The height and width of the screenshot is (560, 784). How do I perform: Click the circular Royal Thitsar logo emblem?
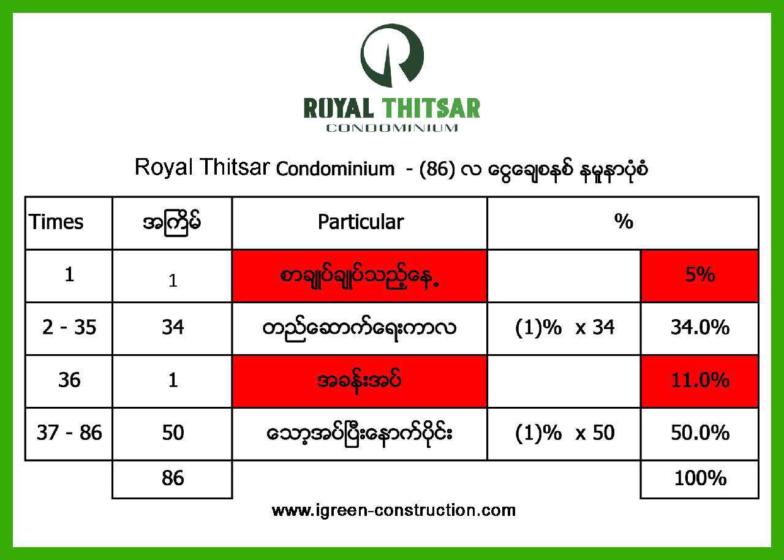click(x=392, y=56)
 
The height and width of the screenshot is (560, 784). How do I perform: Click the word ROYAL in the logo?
click(x=339, y=108)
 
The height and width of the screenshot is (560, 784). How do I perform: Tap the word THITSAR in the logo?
click(x=431, y=108)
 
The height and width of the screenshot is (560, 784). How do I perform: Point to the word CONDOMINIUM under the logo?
click(x=392, y=128)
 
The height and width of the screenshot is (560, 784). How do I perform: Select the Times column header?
click(x=56, y=222)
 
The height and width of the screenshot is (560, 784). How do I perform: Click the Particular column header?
click(x=361, y=222)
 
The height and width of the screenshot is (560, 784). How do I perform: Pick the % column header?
click(x=624, y=221)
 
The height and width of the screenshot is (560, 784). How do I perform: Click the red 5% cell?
click(x=700, y=276)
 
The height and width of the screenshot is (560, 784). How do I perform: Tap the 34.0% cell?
click(x=700, y=328)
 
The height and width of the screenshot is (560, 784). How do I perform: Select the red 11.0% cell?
click(x=700, y=381)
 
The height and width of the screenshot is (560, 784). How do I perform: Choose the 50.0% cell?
click(x=700, y=434)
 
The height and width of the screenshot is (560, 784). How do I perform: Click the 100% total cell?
click(x=700, y=479)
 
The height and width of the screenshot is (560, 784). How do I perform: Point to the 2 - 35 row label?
click(x=69, y=328)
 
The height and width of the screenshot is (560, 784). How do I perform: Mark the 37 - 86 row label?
click(x=69, y=433)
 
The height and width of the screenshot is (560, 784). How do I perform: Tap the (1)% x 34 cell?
click(x=565, y=328)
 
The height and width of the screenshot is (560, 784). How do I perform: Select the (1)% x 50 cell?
click(x=565, y=433)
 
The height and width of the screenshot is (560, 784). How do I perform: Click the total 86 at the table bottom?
click(x=173, y=478)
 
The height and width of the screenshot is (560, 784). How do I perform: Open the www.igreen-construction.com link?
click(x=393, y=510)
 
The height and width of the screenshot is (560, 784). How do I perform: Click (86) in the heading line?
click(x=437, y=169)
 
